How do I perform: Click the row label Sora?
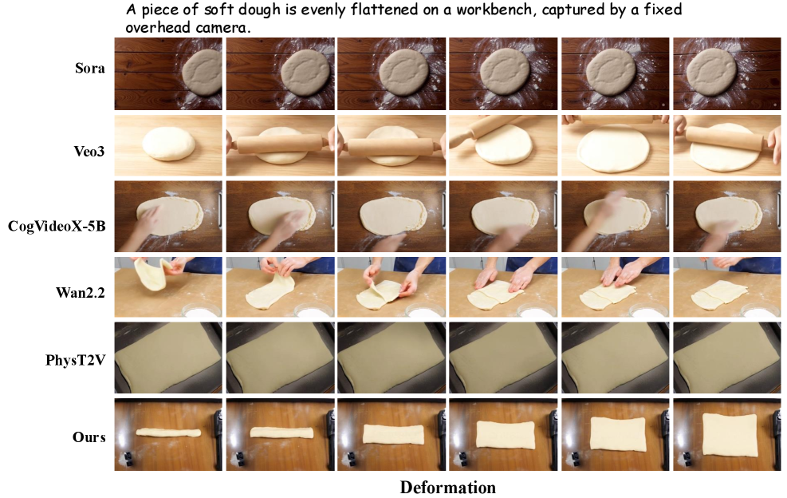tap(90, 68)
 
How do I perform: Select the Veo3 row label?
tap(89, 151)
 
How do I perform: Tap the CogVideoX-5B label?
tap(57, 226)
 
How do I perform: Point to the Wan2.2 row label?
tap(81, 292)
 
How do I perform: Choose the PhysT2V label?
tap(75, 360)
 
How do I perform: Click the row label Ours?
tap(89, 437)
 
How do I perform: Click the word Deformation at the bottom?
tap(447, 488)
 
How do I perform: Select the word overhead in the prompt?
tap(158, 27)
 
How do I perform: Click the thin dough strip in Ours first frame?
tap(168, 433)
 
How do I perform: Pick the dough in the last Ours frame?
tap(729, 435)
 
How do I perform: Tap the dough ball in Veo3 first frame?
tap(168, 143)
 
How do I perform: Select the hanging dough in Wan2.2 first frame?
tap(151, 274)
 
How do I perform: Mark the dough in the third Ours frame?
tap(393, 433)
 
